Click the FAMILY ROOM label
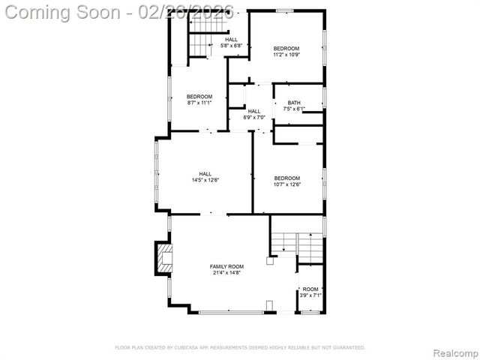(226, 266)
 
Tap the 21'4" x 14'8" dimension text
(226, 273)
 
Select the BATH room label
(293, 103)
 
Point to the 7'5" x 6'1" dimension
(293, 109)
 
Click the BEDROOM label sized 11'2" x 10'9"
(286, 47)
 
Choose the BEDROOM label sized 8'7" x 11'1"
(199, 96)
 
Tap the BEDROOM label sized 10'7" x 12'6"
(286, 178)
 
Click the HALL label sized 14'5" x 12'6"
(205, 173)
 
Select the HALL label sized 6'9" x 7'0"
(254, 111)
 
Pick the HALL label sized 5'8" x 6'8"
(232, 39)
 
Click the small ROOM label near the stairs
(310, 289)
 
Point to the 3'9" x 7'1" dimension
(310, 295)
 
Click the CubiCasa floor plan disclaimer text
(240, 347)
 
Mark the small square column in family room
(269, 262)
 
